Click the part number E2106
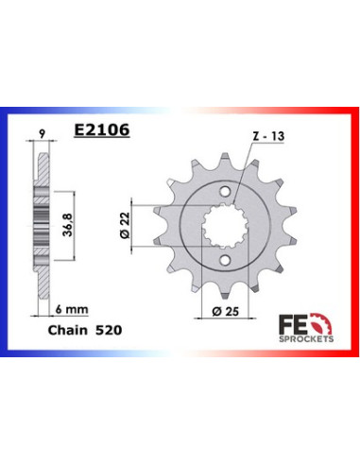(x=101, y=129)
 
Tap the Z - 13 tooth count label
(x=268, y=136)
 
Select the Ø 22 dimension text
(x=125, y=225)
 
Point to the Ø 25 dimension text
(x=226, y=312)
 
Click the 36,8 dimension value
(x=68, y=225)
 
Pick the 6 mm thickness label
(x=72, y=309)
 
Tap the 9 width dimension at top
(x=42, y=134)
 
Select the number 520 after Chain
(x=109, y=330)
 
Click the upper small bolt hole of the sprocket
(x=225, y=192)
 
